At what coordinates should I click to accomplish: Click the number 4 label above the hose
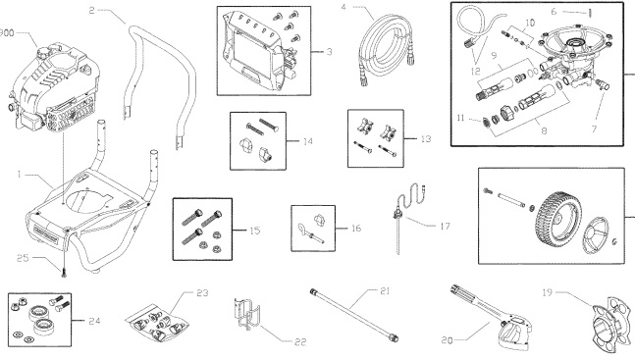pyautogui.click(x=344, y=8)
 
